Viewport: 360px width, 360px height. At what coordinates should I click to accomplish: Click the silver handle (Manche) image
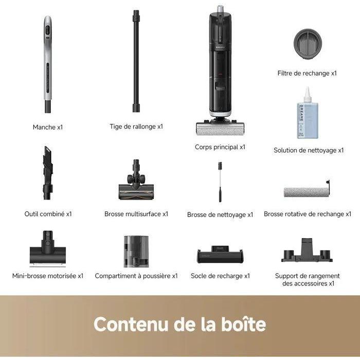click(x=47, y=64)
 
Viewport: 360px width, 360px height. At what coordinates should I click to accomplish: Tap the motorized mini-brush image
click(x=47, y=249)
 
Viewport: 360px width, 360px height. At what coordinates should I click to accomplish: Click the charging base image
click(x=220, y=254)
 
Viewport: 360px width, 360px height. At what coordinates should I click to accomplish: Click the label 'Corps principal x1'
click(x=220, y=147)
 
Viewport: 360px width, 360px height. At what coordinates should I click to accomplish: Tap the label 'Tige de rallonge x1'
click(x=136, y=127)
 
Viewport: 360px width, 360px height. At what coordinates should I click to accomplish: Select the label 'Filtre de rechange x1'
click(x=307, y=74)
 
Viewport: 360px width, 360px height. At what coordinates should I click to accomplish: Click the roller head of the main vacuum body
click(x=220, y=127)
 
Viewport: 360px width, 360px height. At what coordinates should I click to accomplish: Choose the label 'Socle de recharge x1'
click(x=220, y=276)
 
